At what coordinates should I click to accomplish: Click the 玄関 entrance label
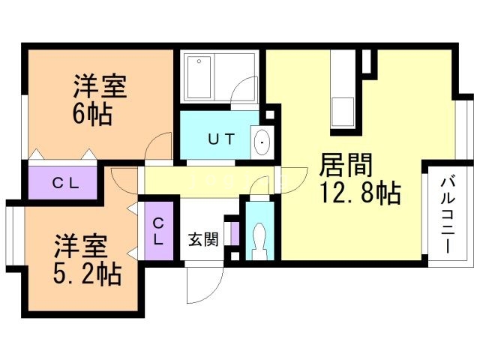point(202,240)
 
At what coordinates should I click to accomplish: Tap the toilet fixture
point(259,238)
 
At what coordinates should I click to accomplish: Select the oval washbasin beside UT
point(262,141)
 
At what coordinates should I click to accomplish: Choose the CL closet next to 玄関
point(159,231)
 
